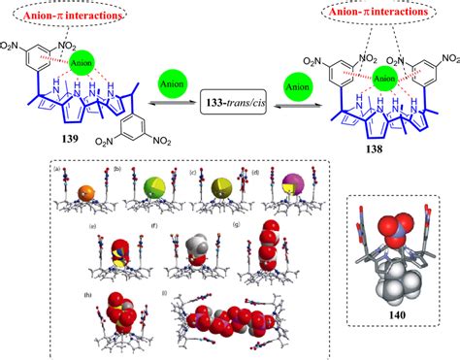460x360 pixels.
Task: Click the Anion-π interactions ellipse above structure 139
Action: pyautogui.click(x=58, y=16)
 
